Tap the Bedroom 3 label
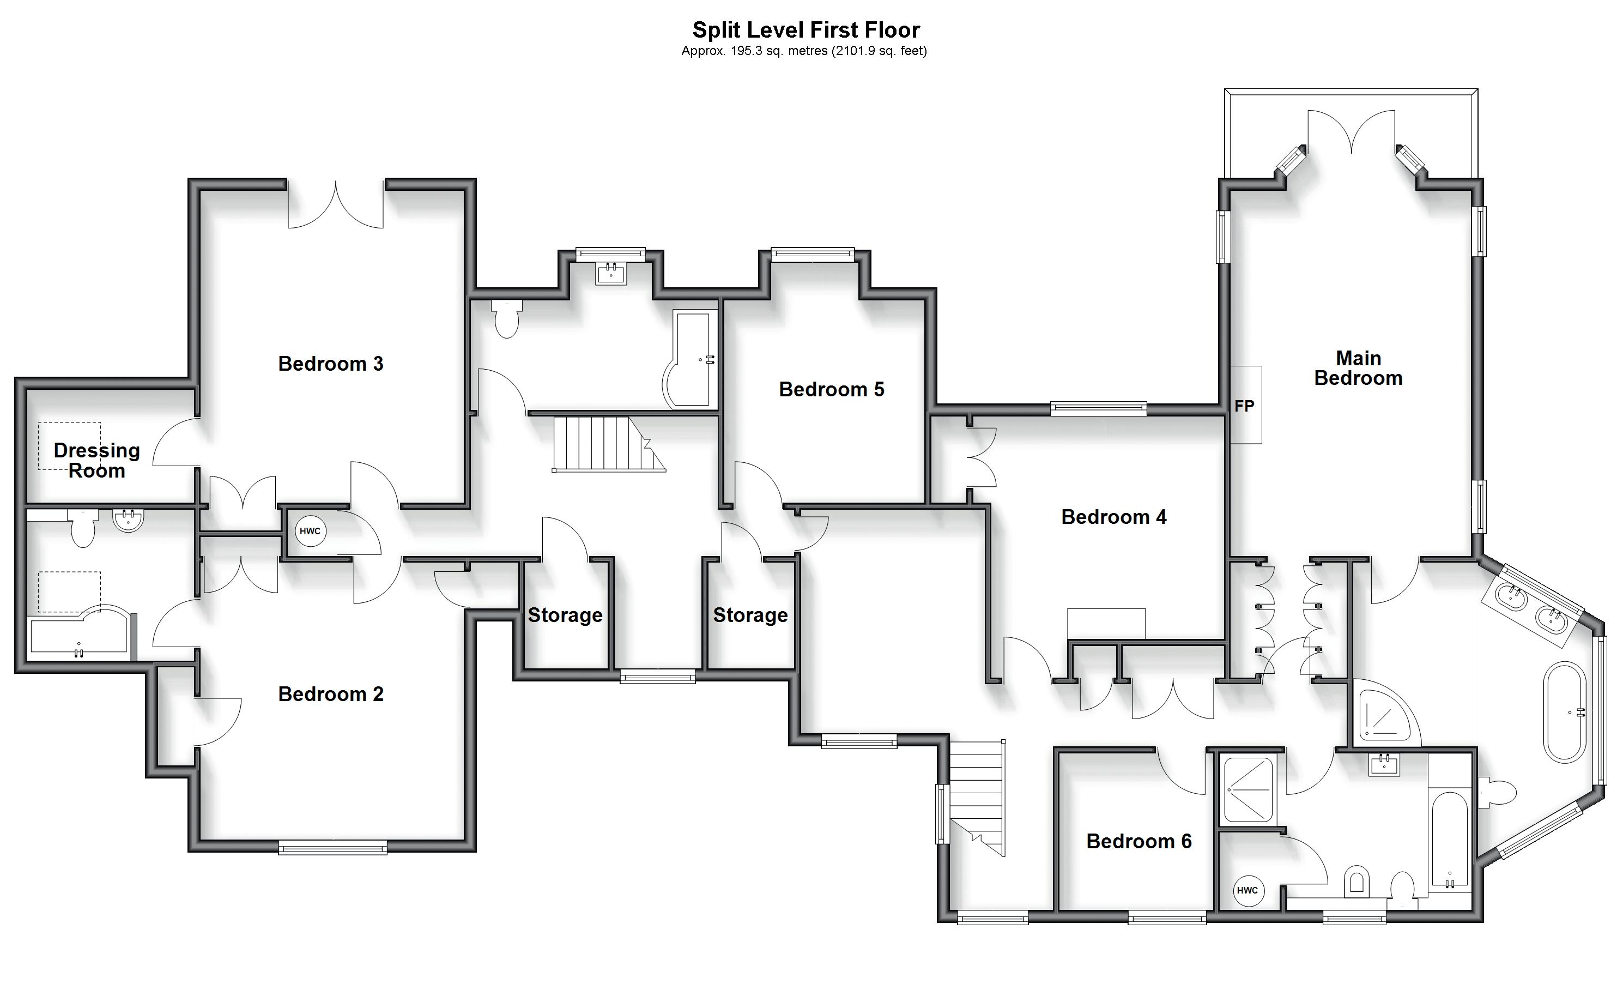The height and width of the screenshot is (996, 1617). coord(330,364)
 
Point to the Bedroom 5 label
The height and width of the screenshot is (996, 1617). coord(831,389)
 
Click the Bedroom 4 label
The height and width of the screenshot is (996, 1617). coord(1113,517)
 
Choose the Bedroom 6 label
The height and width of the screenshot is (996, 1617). coord(1138,841)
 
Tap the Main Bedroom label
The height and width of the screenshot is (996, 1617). coord(1358,368)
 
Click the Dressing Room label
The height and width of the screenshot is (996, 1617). coord(97,461)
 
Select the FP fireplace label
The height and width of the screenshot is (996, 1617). coord(1244,407)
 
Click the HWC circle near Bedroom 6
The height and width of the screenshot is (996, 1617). coord(1247,891)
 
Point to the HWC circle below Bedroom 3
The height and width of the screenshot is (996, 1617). coord(310,532)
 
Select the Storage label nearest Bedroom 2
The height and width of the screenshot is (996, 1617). coord(565,615)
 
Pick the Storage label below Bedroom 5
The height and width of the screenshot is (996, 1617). coord(750,615)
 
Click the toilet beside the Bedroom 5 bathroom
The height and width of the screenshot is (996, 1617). coord(506,319)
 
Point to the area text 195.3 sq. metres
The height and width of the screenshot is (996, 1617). coord(755,51)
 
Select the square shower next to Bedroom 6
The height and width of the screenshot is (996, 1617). coord(1247,790)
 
